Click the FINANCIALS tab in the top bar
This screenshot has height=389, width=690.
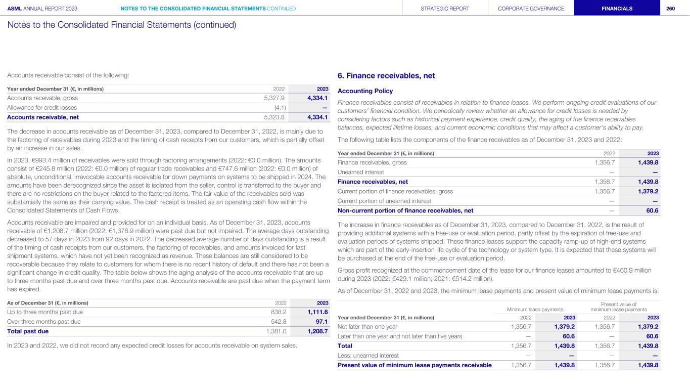617,8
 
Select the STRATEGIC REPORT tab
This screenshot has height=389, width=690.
445,8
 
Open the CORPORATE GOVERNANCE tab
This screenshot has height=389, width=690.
531,8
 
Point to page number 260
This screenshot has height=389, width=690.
671,8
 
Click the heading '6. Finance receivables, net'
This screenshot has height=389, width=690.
386,76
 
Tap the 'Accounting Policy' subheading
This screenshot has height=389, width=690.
365,91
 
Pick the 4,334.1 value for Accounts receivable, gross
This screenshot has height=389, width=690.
317,98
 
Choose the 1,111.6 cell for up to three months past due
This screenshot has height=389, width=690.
317,312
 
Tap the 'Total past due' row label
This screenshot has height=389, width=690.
28,331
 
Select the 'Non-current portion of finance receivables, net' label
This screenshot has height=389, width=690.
405,210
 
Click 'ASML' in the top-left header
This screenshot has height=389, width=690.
14,8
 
